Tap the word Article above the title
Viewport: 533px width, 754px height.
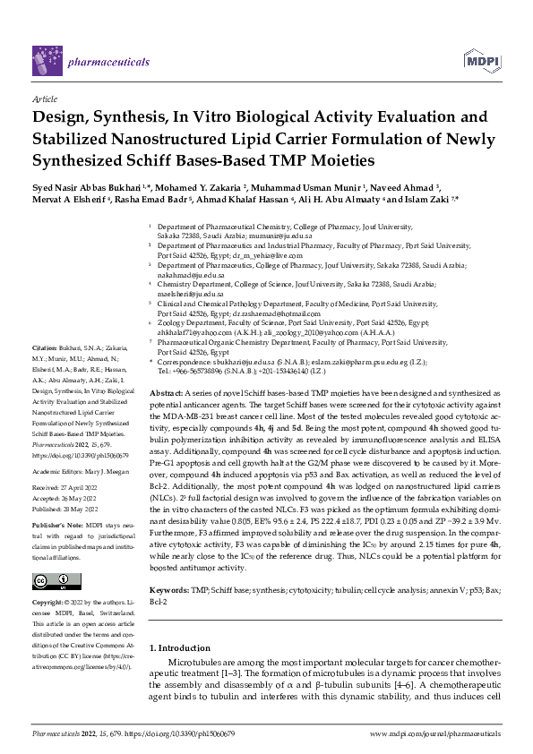pos(44,99)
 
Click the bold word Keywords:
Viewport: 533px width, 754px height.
pos(172,566)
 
